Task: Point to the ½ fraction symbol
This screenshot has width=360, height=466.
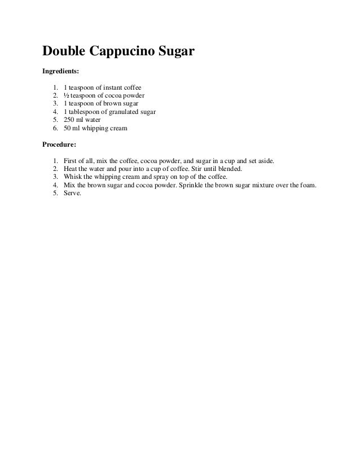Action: (67, 96)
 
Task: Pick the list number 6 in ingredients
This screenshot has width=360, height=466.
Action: (55, 129)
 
